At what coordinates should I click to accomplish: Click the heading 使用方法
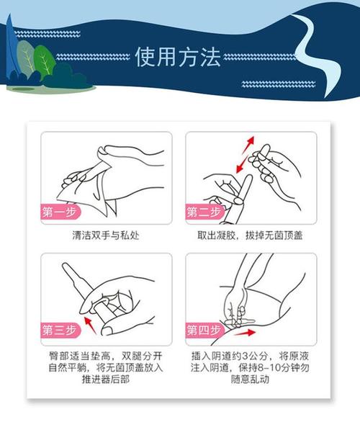click(177, 57)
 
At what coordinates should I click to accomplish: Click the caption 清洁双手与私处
click(105, 235)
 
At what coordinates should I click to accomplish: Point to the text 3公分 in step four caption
click(264, 355)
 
